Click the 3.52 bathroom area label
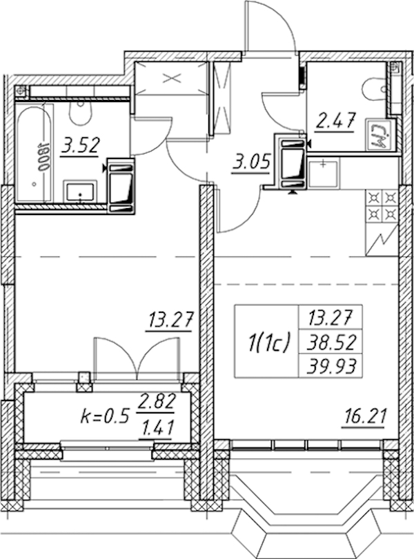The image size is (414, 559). [x=79, y=146]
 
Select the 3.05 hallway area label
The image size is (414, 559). [x=250, y=163]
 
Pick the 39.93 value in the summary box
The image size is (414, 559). [x=331, y=366]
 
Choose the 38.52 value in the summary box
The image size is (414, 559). [x=331, y=343]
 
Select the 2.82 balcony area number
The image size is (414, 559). [x=157, y=403]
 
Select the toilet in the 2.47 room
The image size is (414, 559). [x=374, y=88]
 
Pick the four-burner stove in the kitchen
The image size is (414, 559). [x=382, y=206]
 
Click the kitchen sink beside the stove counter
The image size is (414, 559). [x=323, y=174]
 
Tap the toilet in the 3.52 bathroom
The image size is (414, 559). [x=81, y=112]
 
